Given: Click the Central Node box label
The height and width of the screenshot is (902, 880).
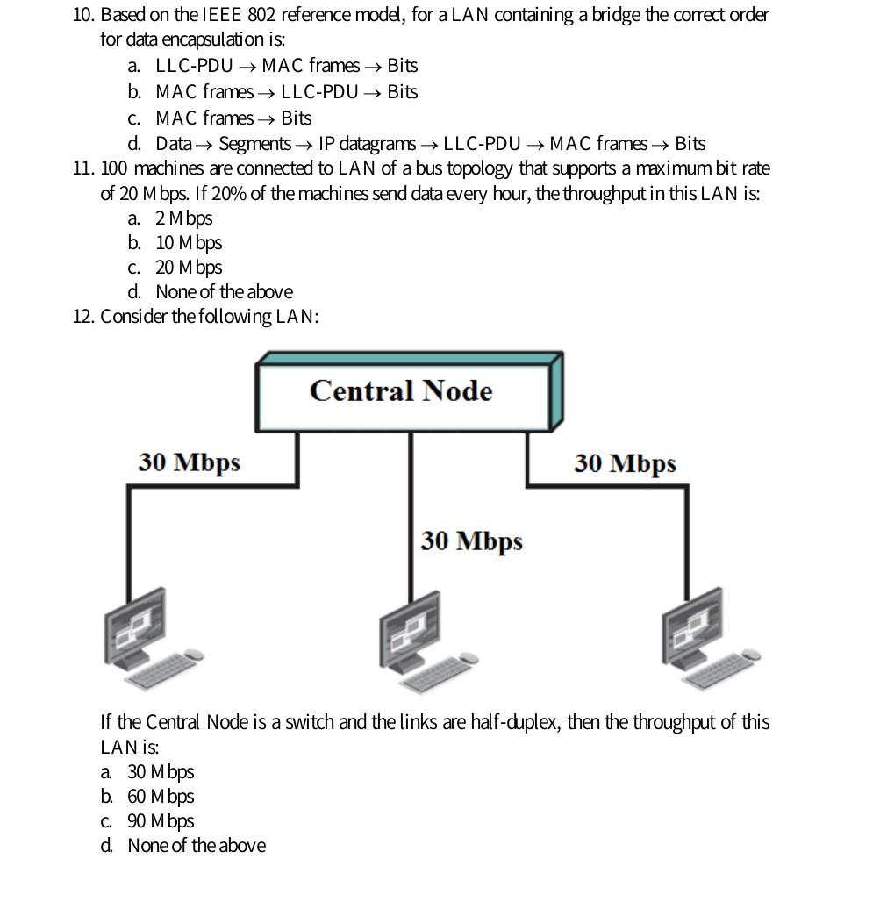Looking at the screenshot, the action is (x=401, y=390).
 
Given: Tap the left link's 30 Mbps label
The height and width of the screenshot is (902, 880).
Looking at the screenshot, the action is (x=189, y=462).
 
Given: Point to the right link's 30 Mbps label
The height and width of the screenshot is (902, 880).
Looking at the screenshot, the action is (x=625, y=463).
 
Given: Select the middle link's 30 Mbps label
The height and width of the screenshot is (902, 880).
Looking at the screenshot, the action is (x=471, y=541).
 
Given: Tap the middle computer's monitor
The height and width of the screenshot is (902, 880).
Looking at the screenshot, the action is (x=410, y=628).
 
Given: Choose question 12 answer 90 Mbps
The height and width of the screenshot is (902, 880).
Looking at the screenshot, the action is (x=160, y=821).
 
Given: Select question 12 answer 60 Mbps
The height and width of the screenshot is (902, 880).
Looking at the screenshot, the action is (x=160, y=797).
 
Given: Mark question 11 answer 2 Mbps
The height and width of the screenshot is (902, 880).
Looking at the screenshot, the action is (x=183, y=218).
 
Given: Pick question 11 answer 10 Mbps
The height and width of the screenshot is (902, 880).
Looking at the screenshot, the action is (x=189, y=243).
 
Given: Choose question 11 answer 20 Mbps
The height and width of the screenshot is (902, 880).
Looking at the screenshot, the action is (x=189, y=268).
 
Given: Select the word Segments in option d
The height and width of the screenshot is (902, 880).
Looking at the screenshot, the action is (x=254, y=144).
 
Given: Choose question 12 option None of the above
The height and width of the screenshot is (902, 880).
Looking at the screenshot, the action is (x=196, y=846).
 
